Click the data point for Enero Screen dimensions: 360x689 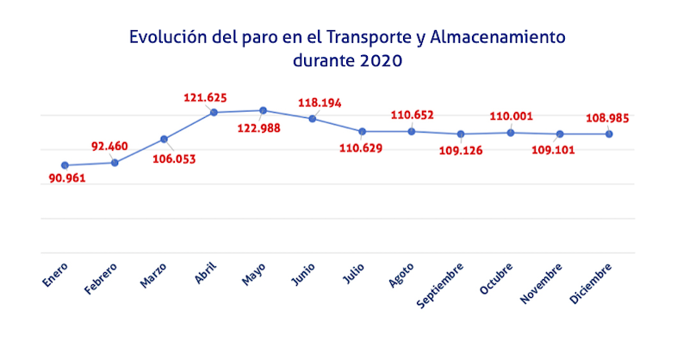[65, 165]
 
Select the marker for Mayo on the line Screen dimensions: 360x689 [263, 110]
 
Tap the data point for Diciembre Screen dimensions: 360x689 [609, 133]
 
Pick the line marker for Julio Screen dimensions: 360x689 [362, 131]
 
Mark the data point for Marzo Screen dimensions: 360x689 [164, 139]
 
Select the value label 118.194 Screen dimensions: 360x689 [320, 102]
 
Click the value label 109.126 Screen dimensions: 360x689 [462, 151]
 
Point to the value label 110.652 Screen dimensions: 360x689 [413, 115]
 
